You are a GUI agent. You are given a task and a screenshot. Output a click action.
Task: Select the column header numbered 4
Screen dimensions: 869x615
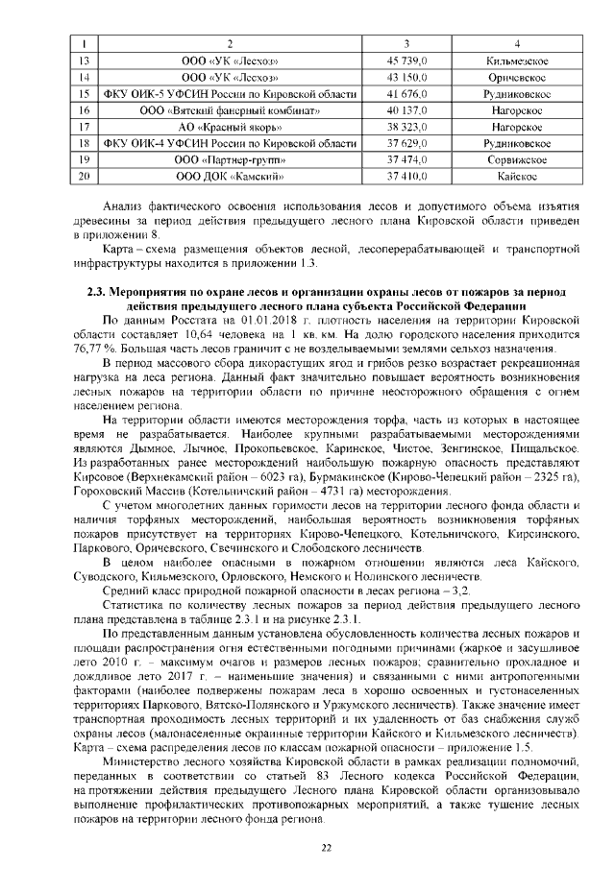(517, 44)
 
